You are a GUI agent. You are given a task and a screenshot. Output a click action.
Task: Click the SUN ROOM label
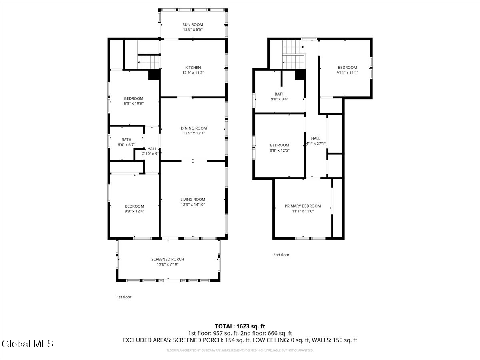click(193, 25)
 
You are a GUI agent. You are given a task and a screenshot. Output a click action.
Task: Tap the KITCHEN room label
click(193, 68)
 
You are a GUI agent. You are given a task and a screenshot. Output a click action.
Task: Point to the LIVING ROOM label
click(193, 200)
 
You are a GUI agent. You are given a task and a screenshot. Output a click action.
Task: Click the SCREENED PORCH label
click(168, 259)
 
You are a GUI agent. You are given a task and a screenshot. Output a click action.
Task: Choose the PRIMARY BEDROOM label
click(303, 206)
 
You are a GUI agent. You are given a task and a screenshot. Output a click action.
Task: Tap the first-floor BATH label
click(126, 140)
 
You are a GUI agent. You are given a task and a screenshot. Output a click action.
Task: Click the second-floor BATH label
click(280, 94)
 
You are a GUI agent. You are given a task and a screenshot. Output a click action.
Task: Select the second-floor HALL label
click(316, 138)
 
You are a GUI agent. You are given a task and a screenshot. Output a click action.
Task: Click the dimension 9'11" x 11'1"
click(347, 73)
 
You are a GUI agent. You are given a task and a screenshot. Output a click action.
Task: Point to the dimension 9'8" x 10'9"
click(134, 104)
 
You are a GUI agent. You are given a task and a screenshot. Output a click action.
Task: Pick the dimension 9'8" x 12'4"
click(134, 211)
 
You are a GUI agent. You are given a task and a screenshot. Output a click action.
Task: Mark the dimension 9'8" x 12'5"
click(280, 150)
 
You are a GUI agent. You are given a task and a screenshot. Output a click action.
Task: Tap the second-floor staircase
click(294, 56)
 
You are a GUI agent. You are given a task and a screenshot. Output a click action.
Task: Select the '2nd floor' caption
click(281, 255)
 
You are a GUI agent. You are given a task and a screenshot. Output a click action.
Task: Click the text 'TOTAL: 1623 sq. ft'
click(240, 326)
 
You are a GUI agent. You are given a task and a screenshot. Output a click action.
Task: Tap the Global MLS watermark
click(28, 344)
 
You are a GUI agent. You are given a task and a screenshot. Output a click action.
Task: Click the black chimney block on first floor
click(154, 75)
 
